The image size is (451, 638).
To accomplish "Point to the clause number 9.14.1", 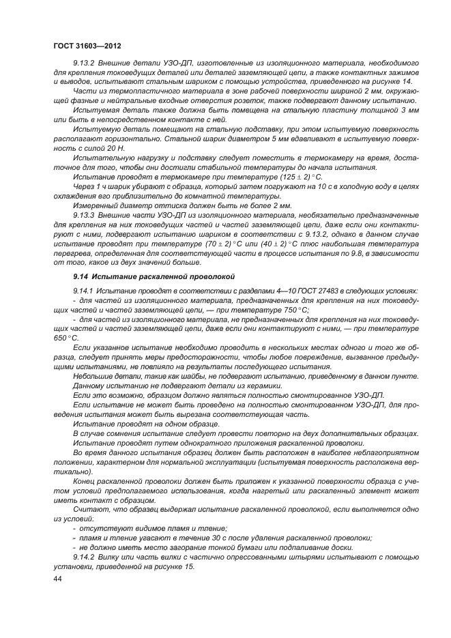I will click(x=85, y=291).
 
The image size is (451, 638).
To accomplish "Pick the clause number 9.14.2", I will click(x=85, y=556).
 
